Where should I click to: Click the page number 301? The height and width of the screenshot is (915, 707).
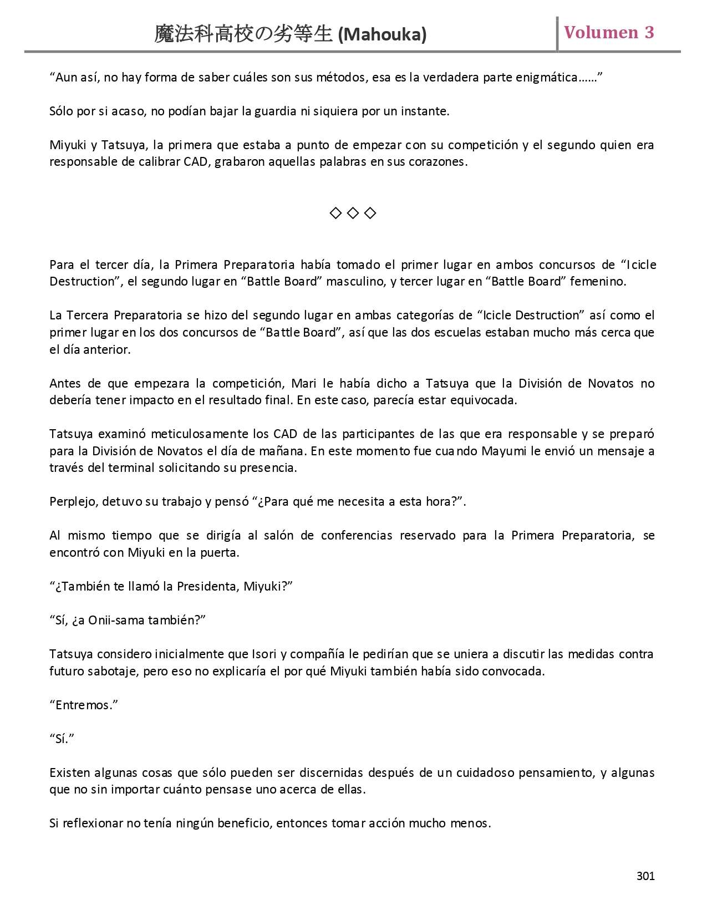pos(645,876)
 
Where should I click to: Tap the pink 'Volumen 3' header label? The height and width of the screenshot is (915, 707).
pos(609,33)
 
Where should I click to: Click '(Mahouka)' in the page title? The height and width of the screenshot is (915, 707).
pos(382,35)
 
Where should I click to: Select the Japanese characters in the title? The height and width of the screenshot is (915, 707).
pos(244,34)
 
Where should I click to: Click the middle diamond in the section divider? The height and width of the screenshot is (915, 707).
pos(353,213)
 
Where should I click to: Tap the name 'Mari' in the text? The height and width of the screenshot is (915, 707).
pos(304,383)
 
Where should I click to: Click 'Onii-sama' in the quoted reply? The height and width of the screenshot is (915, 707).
pos(114,621)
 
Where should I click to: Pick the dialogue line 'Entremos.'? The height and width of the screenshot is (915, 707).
pos(84,705)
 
